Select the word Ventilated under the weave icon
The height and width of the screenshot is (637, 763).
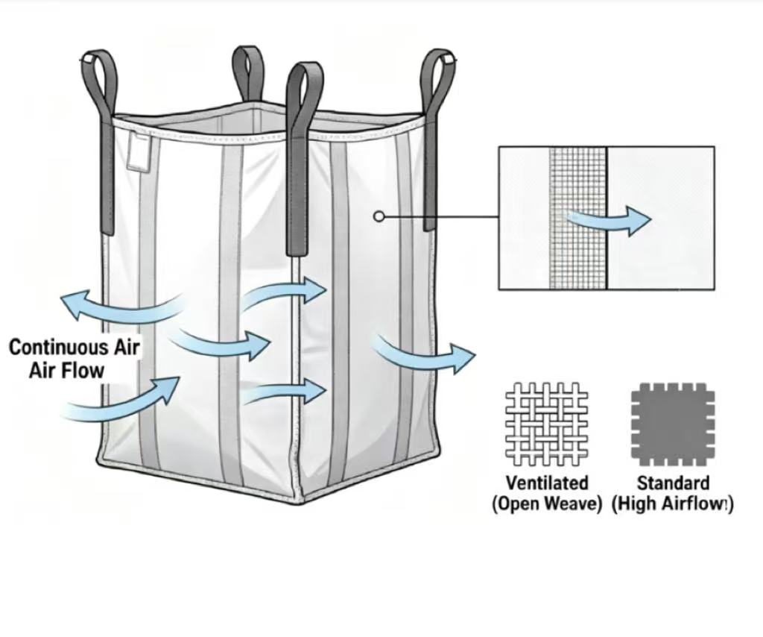[547, 483]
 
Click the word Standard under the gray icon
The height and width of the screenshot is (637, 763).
[673, 483]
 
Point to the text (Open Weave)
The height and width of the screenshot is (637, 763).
[547, 503]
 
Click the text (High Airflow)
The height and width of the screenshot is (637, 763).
[672, 503]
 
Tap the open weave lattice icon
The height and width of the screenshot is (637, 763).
[546, 424]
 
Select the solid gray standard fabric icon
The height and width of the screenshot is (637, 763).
[673, 424]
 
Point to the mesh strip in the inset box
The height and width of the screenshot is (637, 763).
[578, 218]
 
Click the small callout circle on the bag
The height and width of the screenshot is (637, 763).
[379, 216]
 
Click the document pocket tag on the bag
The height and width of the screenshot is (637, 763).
[139, 151]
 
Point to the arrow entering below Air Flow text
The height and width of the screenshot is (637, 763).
[121, 403]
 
